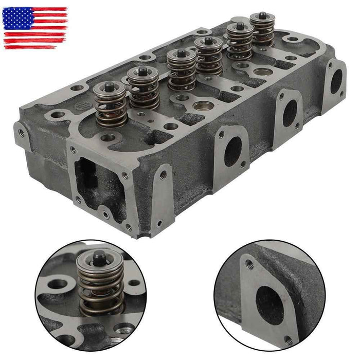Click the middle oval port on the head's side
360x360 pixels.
(x=290, y=112)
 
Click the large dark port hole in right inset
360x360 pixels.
(x=269, y=305)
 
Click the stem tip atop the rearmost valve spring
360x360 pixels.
(x=262, y=15)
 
